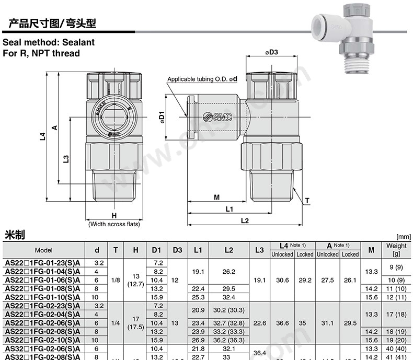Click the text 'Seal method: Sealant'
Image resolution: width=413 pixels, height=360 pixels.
click(49, 42)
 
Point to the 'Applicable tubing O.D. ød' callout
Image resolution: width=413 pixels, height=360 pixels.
click(202, 79)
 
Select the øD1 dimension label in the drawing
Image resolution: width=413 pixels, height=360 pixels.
click(163, 117)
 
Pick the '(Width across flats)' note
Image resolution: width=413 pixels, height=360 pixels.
click(113, 224)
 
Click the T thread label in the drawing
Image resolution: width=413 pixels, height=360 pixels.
click(307, 201)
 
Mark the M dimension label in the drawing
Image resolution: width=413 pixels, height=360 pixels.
click(216, 197)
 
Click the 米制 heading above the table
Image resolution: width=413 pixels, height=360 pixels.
click(15, 234)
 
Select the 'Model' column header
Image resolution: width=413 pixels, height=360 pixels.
click(44, 250)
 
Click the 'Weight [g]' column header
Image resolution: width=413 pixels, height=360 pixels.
click(396, 250)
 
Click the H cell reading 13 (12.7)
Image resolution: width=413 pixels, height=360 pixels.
click(135, 280)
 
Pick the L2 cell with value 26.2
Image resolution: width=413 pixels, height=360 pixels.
click(228, 272)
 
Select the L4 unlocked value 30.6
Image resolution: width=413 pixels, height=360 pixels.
click(282, 280)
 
